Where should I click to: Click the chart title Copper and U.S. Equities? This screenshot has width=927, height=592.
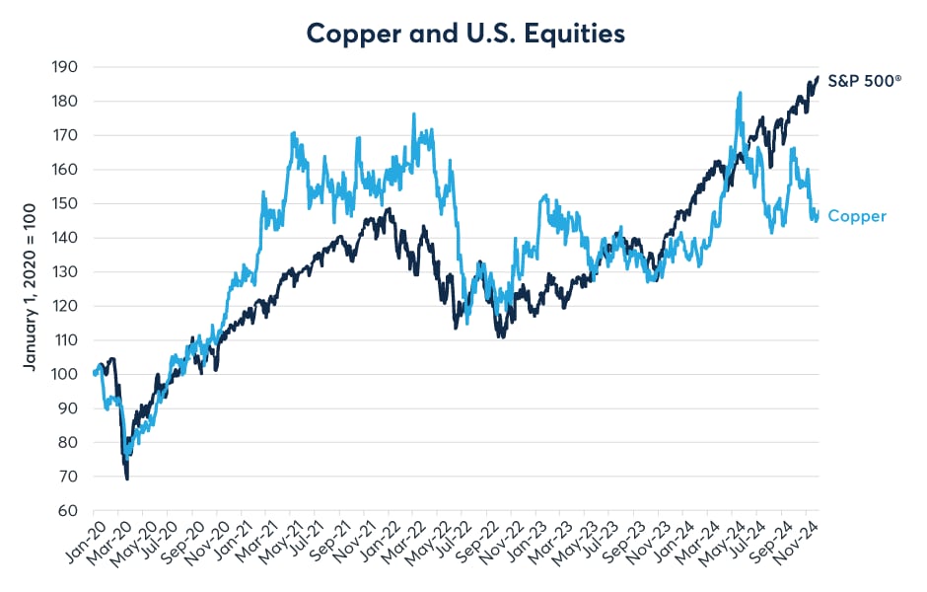coord(465,33)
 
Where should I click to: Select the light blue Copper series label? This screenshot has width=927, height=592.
coord(857,216)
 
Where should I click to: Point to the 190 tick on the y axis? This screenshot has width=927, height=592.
coord(67,67)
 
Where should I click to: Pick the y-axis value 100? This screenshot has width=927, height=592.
coord(67,374)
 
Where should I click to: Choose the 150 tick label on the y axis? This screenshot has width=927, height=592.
coord(67,203)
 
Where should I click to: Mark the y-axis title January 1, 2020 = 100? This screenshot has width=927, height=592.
coord(31,289)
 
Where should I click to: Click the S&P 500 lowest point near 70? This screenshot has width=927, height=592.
coord(127,478)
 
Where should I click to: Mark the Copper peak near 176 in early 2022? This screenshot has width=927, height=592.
coord(413,114)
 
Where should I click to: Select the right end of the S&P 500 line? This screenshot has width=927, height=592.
coord(818,77)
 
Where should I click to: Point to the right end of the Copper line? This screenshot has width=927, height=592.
coord(818,212)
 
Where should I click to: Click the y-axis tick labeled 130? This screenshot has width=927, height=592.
coord(67,271)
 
